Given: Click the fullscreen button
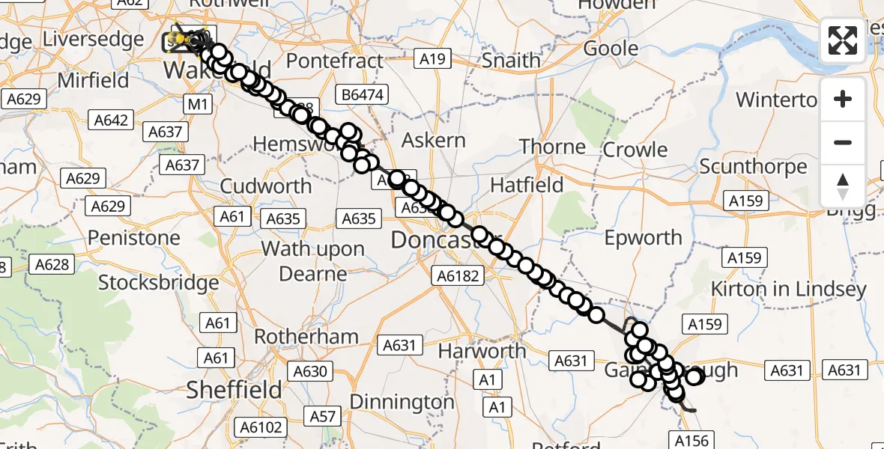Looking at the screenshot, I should tap(843, 40).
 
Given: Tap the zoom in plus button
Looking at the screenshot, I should tap(843, 99).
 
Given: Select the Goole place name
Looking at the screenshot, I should tap(611, 49).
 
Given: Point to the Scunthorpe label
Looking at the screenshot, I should tap(753, 166).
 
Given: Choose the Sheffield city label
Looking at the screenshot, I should tap(234, 389).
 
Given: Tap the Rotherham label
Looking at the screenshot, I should tap(306, 337).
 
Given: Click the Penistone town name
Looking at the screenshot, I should tap(134, 238).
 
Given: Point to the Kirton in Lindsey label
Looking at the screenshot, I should tap(788, 289).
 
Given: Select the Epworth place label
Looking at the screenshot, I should tap(643, 238).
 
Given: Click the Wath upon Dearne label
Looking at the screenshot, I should tap(312, 261).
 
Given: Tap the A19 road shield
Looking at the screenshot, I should tap(432, 59).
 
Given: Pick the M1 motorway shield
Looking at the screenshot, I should tap(197, 104).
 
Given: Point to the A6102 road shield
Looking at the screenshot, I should tap(260, 427).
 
